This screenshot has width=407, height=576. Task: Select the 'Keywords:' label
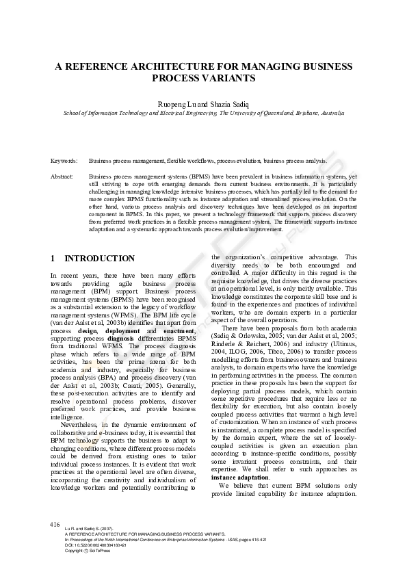pos(64,161)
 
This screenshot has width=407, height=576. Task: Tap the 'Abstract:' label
pos(62,176)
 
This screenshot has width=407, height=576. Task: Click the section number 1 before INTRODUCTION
pos(53,259)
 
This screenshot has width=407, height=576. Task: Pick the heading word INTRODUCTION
pos(99,259)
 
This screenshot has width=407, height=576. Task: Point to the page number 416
pos(55,523)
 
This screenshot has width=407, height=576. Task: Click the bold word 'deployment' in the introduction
pos(123,330)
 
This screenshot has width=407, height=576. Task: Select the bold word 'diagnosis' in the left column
pos(120,338)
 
